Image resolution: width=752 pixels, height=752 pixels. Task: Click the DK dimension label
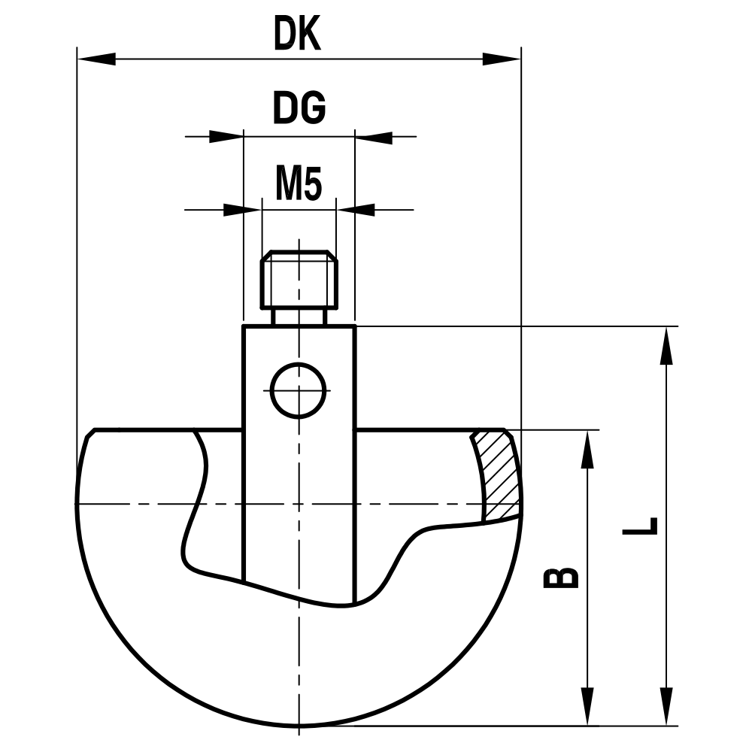[x=297, y=35]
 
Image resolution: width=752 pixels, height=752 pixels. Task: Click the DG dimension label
[x=299, y=110]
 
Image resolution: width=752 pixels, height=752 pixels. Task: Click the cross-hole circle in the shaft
[x=299, y=390]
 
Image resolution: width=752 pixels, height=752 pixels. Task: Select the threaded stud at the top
[x=299, y=280]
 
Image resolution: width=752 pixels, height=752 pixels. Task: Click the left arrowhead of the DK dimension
[x=96, y=59]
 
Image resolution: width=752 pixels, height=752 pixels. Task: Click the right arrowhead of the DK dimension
[x=502, y=59]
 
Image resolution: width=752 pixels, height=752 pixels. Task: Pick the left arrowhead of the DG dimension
[x=226, y=137]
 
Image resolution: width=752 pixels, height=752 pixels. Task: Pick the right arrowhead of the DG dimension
[x=374, y=137]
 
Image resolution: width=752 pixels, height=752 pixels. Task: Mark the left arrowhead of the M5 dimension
[x=242, y=209]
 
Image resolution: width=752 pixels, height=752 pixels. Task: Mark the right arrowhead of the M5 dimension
[x=356, y=209]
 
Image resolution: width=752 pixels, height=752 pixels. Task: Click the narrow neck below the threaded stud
[x=299, y=317]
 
